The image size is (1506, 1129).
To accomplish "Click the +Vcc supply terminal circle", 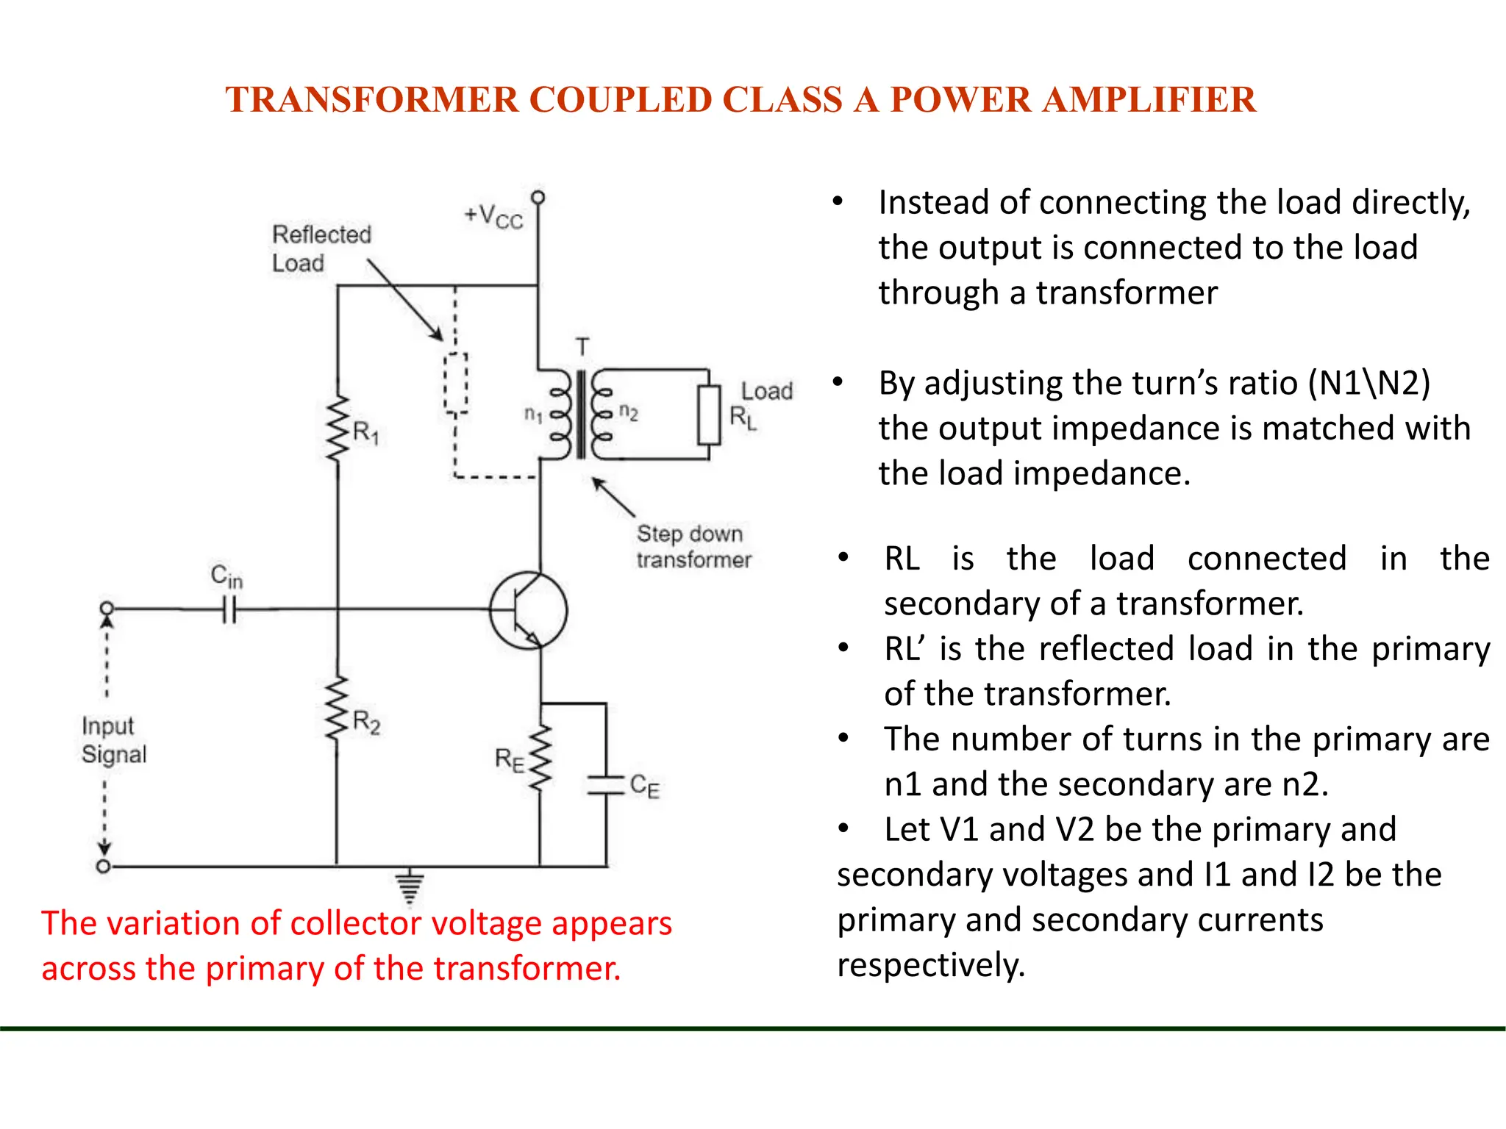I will point(538,198).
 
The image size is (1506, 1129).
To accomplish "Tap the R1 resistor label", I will point(365,432).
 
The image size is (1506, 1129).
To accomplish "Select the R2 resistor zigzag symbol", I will point(337,708).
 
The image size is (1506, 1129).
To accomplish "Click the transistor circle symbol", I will point(529,611).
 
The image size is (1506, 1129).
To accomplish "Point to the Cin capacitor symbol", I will point(229,609).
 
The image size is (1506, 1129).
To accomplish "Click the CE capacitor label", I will point(644,786).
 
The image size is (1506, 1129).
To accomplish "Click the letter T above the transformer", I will point(582,347).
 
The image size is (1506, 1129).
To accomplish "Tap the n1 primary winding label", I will point(533,415).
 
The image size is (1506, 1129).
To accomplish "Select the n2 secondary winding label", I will point(628,412).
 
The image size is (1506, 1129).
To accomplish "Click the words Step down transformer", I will point(693,547).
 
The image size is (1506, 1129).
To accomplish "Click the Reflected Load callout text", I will point(321,248).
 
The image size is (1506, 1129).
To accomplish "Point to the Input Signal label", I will point(114,739).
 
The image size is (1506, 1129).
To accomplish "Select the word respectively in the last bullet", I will point(931,964).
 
